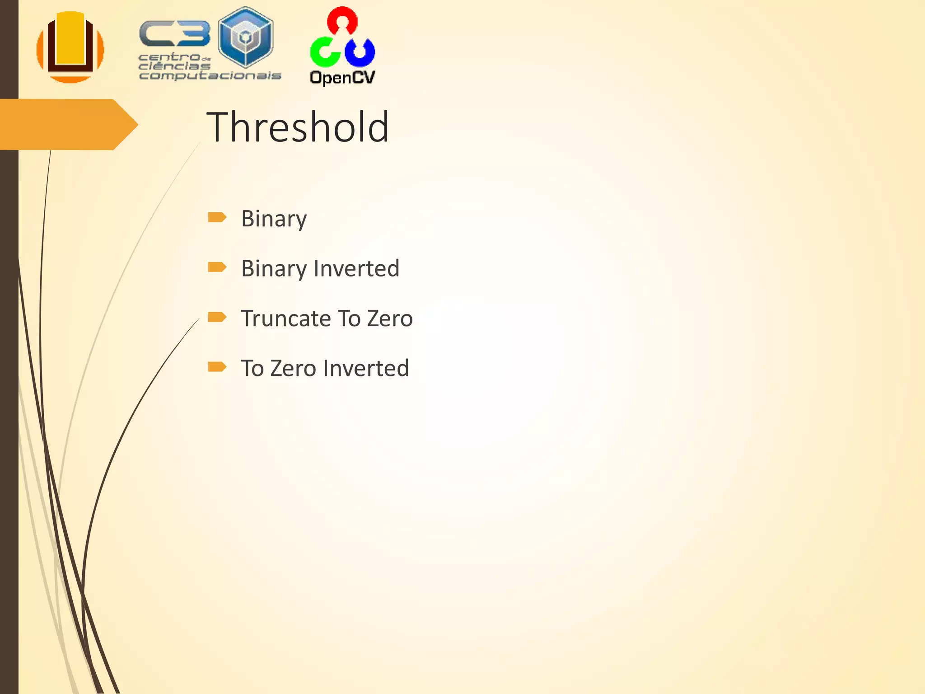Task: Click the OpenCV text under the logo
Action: pyautogui.click(x=342, y=77)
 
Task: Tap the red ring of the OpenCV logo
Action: pyautogui.click(x=342, y=20)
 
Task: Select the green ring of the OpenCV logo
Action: pyautogui.click(x=325, y=52)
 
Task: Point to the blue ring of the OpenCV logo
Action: pyautogui.click(x=360, y=52)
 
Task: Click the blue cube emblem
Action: pyautogui.click(x=245, y=38)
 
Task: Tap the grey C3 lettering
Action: pyautogui.click(x=175, y=34)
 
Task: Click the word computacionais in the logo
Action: pyautogui.click(x=210, y=75)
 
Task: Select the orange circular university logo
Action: pyautogui.click(x=70, y=47)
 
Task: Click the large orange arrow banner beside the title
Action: pyautogui.click(x=68, y=124)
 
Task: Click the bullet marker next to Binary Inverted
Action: pyautogui.click(x=217, y=267)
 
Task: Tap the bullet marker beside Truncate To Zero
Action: pyautogui.click(x=217, y=317)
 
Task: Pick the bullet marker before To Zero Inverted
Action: pyautogui.click(x=217, y=366)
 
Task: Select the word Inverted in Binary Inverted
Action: pyautogui.click(x=356, y=268)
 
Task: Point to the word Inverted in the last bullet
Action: pyautogui.click(x=366, y=368)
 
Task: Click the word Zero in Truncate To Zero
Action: pyautogui.click(x=390, y=319)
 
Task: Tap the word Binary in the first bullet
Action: pyautogui.click(x=274, y=219)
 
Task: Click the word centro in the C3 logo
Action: pyautogui.click(x=169, y=57)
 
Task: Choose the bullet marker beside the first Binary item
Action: pyautogui.click(x=217, y=217)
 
